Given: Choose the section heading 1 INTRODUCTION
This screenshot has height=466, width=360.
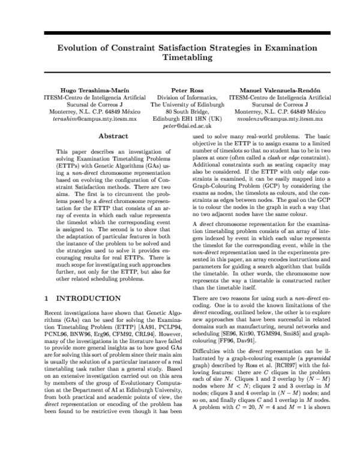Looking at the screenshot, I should click(83, 298).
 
